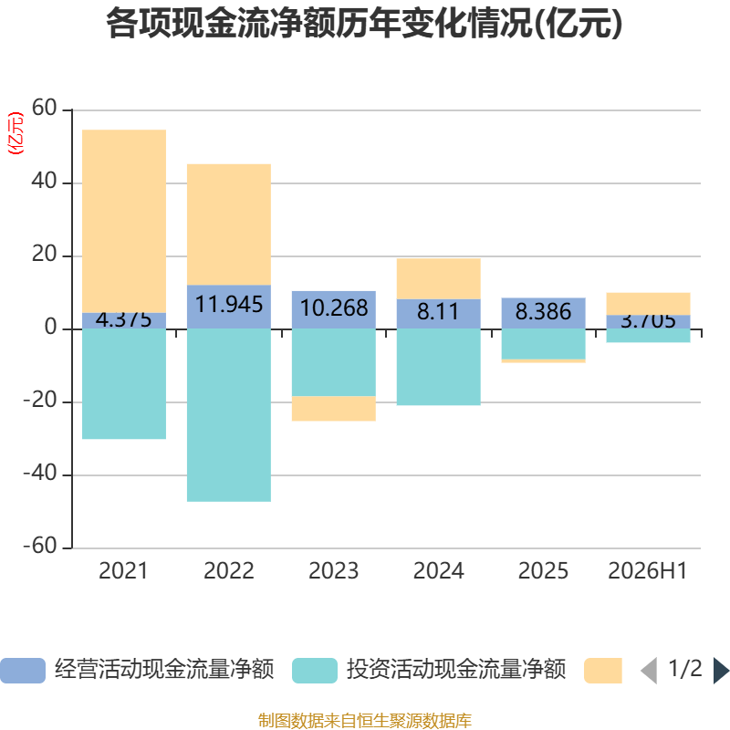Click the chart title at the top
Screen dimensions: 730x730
click(x=364, y=24)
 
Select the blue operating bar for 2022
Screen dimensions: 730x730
click(x=229, y=307)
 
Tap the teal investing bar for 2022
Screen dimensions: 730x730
click(x=229, y=415)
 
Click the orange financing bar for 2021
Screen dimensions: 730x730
click(x=124, y=221)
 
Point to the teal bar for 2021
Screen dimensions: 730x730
click(x=124, y=383)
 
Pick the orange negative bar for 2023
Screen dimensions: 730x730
click(x=334, y=408)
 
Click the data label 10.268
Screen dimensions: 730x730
click(x=334, y=308)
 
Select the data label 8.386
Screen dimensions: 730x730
click(x=543, y=311)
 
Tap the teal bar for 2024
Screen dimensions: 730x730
click(x=439, y=367)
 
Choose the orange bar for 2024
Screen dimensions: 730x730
click(x=439, y=279)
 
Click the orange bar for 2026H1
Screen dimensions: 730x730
click(x=648, y=304)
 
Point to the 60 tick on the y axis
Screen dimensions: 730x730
click(x=44, y=108)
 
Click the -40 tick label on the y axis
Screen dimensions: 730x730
click(x=40, y=473)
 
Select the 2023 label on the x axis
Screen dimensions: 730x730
click(x=334, y=571)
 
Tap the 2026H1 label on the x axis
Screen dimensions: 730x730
click(x=648, y=571)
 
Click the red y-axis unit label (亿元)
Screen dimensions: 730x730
click(x=16, y=133)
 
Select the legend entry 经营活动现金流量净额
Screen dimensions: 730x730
click(x=138, y=670)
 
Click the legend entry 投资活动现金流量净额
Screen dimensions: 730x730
click(x=429, y=670)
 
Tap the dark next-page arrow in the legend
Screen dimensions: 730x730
click(x=721, y=671)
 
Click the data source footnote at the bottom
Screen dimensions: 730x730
click(x=365, y=720)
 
